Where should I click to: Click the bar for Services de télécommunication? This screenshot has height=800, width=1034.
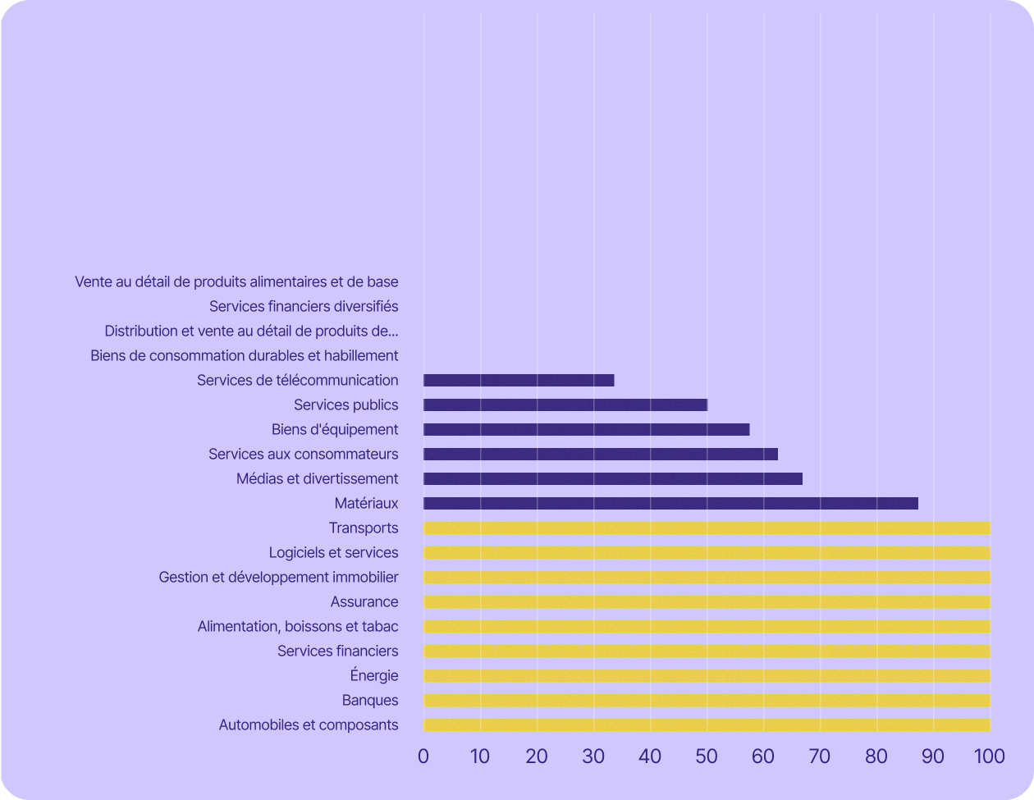pyautogui.click(x=519, y=381)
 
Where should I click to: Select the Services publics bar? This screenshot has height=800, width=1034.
pyautogui.click(x=565, y=405)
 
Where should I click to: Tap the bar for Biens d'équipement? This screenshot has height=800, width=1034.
pyautogui.click(x=586, y=430)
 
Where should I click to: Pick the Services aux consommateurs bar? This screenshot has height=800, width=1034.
pyautogui.click(x=601, y=455)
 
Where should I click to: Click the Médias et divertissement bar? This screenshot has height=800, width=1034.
pyautogui.click(x=613, y=479)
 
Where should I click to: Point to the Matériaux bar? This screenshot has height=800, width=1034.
pyautogui.click(x=670, y=504)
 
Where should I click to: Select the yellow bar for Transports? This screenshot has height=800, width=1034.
pyautogui.click(x=707, y=528)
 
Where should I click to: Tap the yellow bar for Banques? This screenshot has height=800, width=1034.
pyautogui.click(x=707, y=701)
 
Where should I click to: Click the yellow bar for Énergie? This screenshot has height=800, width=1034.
pyautogui.click(x=707, y=676)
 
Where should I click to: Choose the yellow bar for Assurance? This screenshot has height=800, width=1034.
pyautogui.click(x=707, y=602)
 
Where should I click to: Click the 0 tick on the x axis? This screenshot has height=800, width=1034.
pyautogui.click(x=423, y=757)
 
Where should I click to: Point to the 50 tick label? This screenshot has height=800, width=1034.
pyautogui.click(x=707, y=757)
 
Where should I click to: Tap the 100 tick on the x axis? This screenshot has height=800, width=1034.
pyautogui.click(x=989, y=757)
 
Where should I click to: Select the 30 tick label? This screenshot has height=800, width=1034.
pyautogui.click(x=593, y=757)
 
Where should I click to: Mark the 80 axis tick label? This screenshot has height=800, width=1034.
pyautogui.click(x=876, y=757)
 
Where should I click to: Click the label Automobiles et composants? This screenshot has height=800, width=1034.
pyautogui.click(x=309, y=725)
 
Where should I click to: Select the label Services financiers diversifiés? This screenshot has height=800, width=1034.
pyautogui.click(x=304, y=307)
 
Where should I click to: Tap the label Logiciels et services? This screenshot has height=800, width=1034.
pyautogui.click(x=333, y=553)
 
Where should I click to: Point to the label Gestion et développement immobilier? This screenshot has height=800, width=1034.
pyautogui.click(x=278, y=578)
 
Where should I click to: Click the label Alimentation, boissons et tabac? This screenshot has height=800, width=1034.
pyautogui.click(x=298, y=627)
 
